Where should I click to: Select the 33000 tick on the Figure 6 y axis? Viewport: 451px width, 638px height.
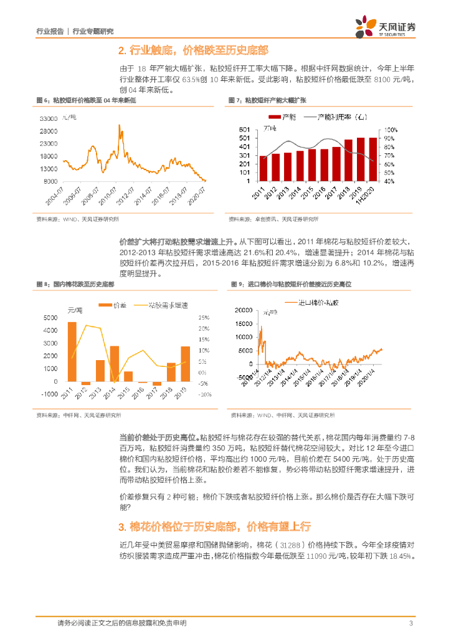coord(49,118)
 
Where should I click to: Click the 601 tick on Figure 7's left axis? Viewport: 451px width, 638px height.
coord(245,129)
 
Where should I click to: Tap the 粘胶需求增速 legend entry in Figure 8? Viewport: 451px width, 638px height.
coord(166,305)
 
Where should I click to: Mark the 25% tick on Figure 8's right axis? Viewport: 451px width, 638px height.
coord(204,317)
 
